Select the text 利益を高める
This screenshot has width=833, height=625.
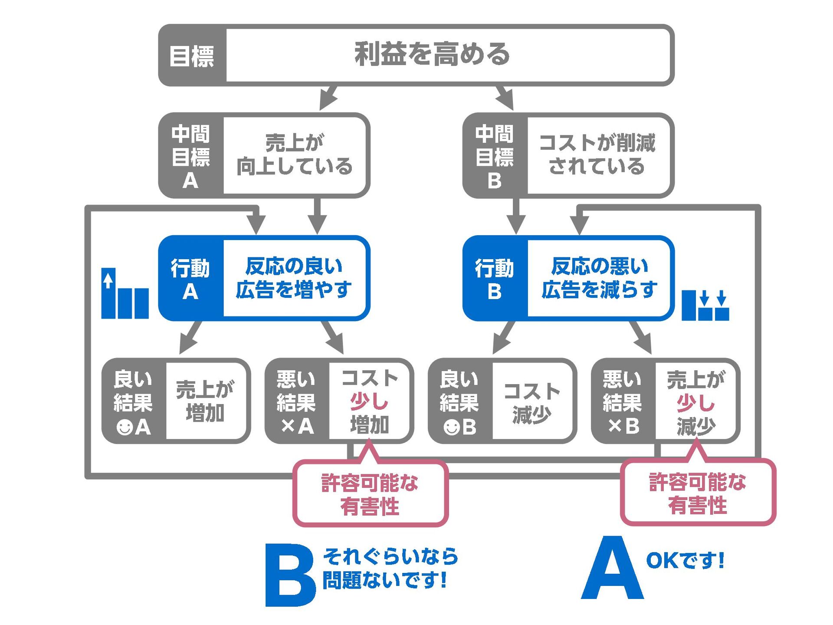[x=432, y=54]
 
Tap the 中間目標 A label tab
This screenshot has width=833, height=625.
[x=191, y=156]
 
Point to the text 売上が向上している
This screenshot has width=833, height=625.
[x=295, y=155]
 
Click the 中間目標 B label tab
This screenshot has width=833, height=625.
[x=495, y=156]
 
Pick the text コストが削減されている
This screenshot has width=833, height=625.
[x=597, y=155]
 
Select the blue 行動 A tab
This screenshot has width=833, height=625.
[x=190, y=279]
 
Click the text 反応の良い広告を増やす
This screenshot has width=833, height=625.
[x=294, y=278]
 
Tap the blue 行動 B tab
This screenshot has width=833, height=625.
[x=495, y=279]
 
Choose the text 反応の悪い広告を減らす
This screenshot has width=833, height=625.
[x=599, y=278]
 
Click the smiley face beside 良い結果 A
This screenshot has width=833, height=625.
[x=125, y=427]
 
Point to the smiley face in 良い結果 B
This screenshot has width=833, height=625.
[x=451, y=427]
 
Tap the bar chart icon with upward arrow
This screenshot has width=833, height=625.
[x=125, y=294]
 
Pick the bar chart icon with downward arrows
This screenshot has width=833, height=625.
[x=705, y=306]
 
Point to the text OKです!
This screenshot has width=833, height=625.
[x=685, y=560]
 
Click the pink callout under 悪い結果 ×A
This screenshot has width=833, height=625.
[x=370, y=494]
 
